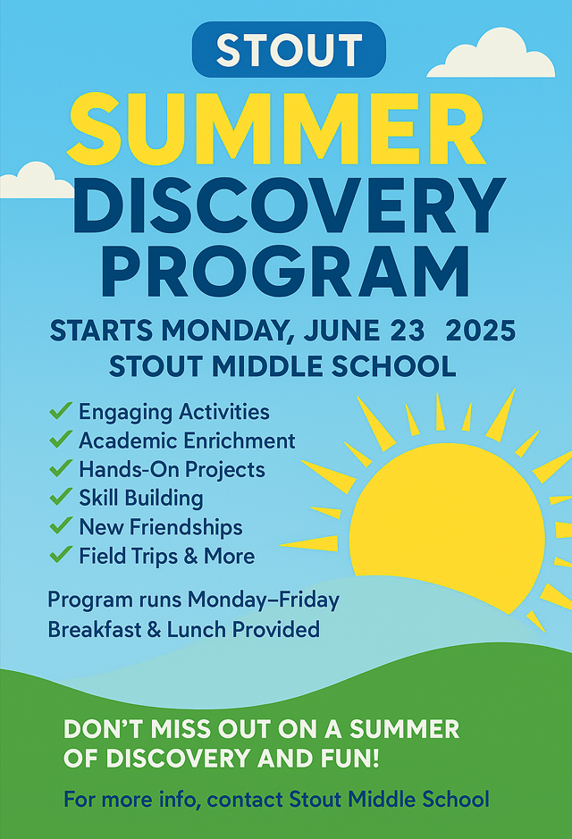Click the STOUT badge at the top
pos(289,50)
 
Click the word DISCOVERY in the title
pos(289,206)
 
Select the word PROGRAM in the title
pos(286,271)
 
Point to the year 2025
pos(481,331)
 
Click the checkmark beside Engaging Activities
pos(61,411)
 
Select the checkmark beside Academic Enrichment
pos(61,440)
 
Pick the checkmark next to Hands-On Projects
pos(61,469)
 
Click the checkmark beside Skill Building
pos(61,497)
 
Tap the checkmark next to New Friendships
pos(61,526)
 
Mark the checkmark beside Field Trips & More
pos(61,555)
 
